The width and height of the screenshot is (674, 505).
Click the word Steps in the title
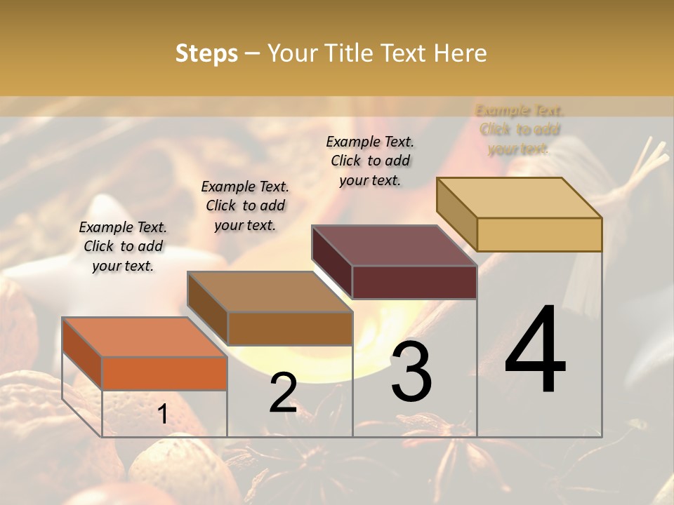pyautogui.click(x=206, y=53)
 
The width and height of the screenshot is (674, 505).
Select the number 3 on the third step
pyautogui.click(x=411, y=371)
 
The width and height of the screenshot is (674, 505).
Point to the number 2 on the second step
pyautogui.click(x=283, y=393)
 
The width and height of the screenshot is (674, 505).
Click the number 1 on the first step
pyautogui.click(x=162, y=414)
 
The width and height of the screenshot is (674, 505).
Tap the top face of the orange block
pyautogui.click(x=144, y=337)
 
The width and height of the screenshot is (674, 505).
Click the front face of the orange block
pyautogui.click(x=164, y=373)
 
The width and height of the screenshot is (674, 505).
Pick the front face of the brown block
pyautogui.click(x=289, y=328)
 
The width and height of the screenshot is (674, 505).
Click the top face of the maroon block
pyautogui.click(x=394, y=245)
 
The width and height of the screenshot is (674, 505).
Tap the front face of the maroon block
pyautogui.click(x=414, y=282)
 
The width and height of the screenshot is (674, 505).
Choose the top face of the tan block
pyautogui.click(x=519, y=198)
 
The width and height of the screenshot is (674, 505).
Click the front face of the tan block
pyautogui.click(x=539, y=234)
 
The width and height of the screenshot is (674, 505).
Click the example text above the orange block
pyautogui.click(x=123, y=246)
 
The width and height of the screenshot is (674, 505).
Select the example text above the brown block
pyautogui.click(x=245, y=206)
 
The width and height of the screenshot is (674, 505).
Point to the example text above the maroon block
pyautogui.click(x=370, y=161)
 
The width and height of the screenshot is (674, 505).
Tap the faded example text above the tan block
pyautogui.click(x=520, y=130)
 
